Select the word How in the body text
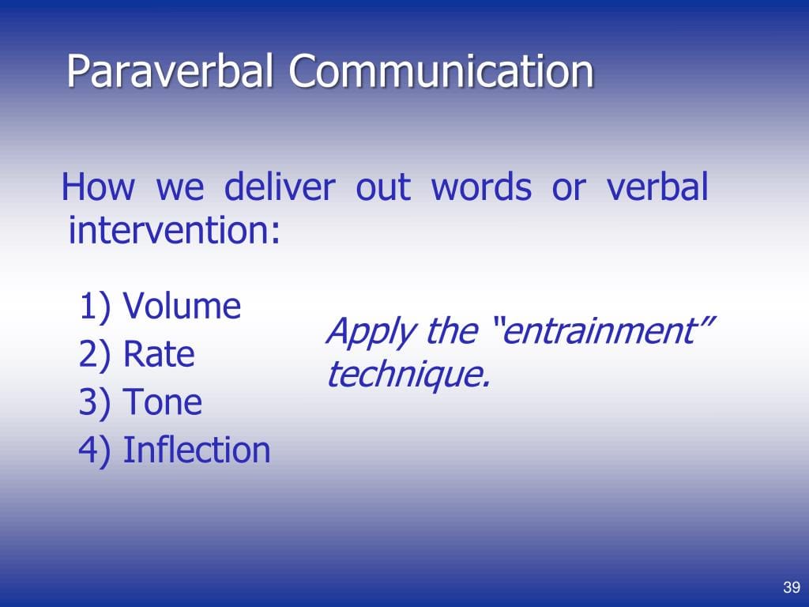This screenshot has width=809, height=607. pyautogui.click(x=98, y=187)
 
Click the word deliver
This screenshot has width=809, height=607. pyautogui.click(x=280, y=187)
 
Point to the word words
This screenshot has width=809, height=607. pyautogui.click(x=481, y=187)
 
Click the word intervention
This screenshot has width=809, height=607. pyautogui.click(x=175, y=230)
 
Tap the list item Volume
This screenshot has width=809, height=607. pyautogui.click(x=182, y=306)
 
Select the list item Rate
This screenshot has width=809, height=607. pyautogui.click(x=159, y=354)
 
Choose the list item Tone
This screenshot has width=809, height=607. pyautogui.click(x=162, y=402)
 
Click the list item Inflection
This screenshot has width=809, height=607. pyautogui.click(x=197, y=450)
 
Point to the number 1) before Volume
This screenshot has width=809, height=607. pyautogui.click(x=95, y=307)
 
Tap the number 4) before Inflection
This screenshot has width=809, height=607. pyautogui.click(x=95, y=451)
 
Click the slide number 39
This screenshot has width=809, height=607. pyautogui.click(x=792, y=587)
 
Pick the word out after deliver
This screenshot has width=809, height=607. pyautogui.click(x=383, y=188)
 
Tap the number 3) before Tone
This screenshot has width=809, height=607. pyautogui.click(x=95, y=402)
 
